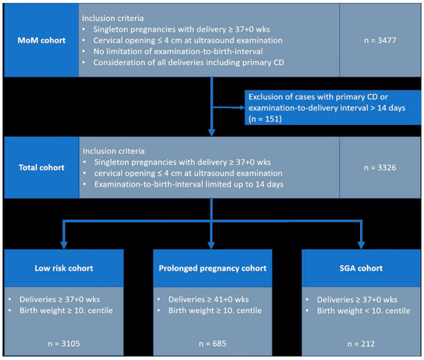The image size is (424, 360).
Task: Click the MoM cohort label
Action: (x=42, y=40)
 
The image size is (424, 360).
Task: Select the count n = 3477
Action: (x=380, y=40)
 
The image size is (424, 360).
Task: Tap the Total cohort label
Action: (x=42, y=167)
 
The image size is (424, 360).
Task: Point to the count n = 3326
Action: (x=380, y=167)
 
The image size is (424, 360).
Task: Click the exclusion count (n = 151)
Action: (x=265, y=119)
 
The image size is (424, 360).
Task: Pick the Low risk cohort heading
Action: (x=64, y=268)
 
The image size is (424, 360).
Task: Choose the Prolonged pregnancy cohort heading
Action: (x=213, y=268)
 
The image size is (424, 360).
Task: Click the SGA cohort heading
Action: (x=361, y=268)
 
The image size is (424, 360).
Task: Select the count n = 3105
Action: (x=64, y=344)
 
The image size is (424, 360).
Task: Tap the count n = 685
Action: (x=213, y=344)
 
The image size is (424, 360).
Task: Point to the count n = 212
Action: (x=361, y=344)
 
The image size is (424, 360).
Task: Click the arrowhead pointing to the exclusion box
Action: (x=242, y=108)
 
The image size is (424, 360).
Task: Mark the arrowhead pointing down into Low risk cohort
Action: (x=64, y=245)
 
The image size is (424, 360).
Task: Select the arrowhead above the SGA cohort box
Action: (x=362, y=245)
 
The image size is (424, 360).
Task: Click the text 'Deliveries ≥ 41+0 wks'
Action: (x=208, y=299)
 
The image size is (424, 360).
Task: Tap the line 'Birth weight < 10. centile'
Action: (x=364, y=311)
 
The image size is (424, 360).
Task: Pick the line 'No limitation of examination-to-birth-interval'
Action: (x=178, y=51)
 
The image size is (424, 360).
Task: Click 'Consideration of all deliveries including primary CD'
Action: (x=189, y=62)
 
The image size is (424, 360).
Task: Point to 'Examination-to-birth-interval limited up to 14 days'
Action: (x=189, y=184)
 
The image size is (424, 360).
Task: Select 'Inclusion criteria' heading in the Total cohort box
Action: (x=113, y=151)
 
